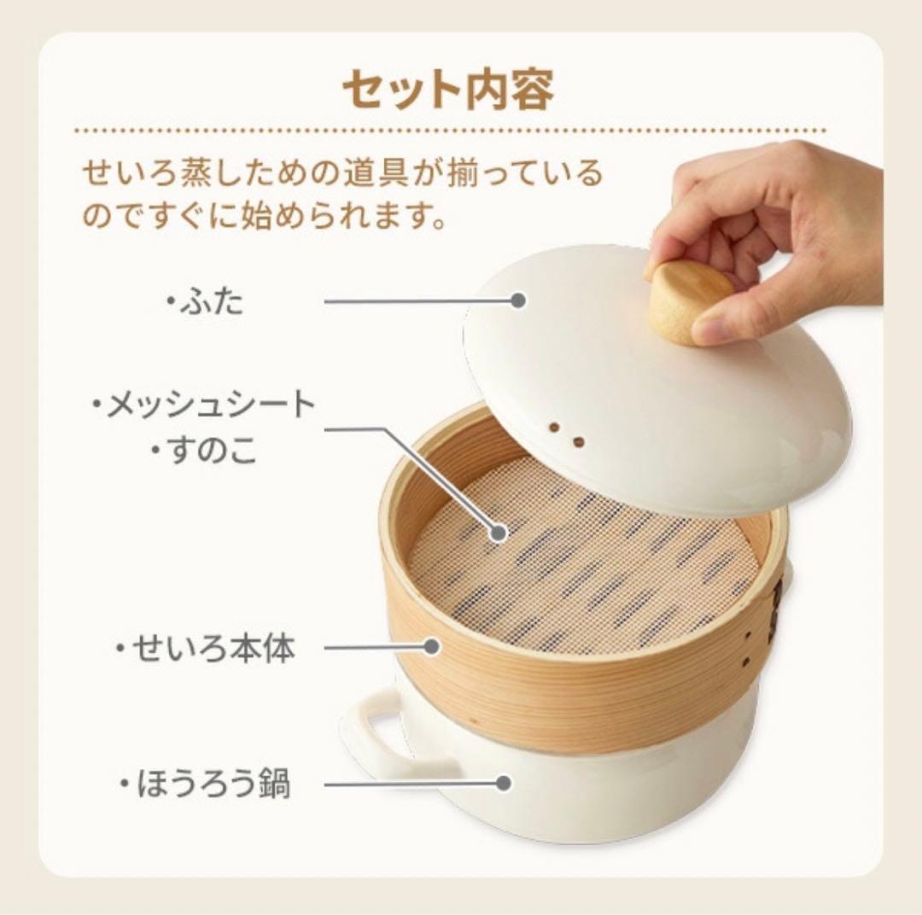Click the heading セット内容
click(448, 90)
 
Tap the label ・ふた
click(205, 302)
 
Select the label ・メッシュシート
click(204, 405)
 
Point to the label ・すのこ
click(204, 451)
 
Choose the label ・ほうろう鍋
click(206, 784)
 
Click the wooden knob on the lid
click(689, 301)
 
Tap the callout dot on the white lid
click(518, 300)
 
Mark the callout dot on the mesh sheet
click(499, 533)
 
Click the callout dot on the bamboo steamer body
click(432, 647)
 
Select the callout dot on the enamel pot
click(503, 783)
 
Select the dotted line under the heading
click(451, 131)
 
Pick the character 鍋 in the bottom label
click(276, 784)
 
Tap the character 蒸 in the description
click(192, 173)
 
